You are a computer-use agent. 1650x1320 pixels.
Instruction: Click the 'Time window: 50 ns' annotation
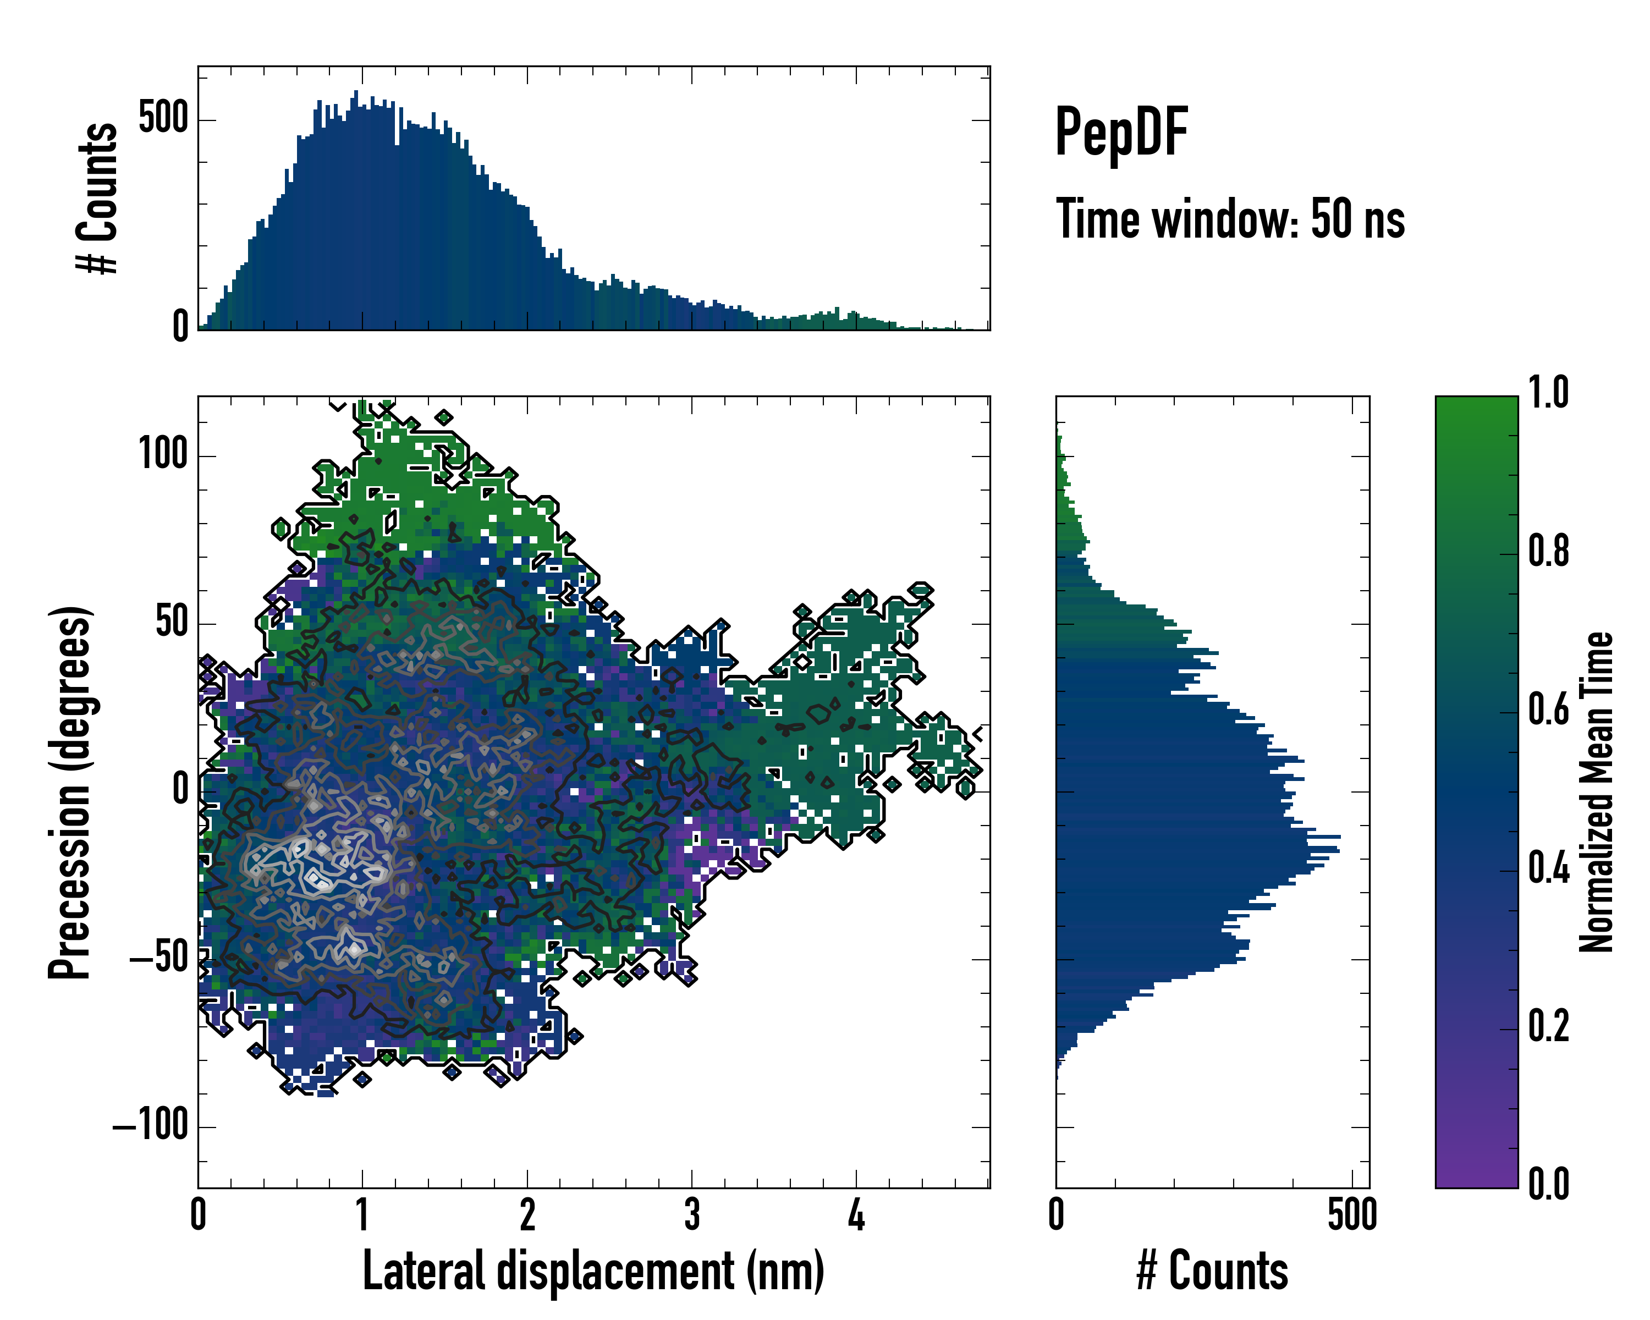(x=1230, y=219)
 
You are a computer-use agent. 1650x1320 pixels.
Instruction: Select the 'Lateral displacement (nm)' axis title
(x=593, y=1271)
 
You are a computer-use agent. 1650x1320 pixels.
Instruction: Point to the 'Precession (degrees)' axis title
(x=70, y=792)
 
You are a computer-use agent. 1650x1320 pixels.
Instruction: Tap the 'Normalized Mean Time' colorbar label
(x=1597, y=792)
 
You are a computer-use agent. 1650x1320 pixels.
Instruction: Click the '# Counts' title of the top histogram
(x=98, y=198)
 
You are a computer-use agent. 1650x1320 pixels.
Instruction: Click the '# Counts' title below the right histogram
(x=1212, y=1271)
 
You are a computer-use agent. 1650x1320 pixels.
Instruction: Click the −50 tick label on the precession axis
(x=159, y=958)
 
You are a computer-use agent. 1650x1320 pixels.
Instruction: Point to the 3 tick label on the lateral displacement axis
(x=692, y=1214)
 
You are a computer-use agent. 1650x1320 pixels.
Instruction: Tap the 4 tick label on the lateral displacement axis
(x=856, y=1214)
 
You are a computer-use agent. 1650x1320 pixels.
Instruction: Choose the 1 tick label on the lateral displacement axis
(x=363, y=1214)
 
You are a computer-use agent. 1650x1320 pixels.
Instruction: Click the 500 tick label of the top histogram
(x=163, y=119)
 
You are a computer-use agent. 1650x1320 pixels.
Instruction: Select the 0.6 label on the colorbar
(x=1548, y=710)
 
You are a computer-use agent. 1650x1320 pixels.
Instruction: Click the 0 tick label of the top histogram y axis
(x=180, y=327)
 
